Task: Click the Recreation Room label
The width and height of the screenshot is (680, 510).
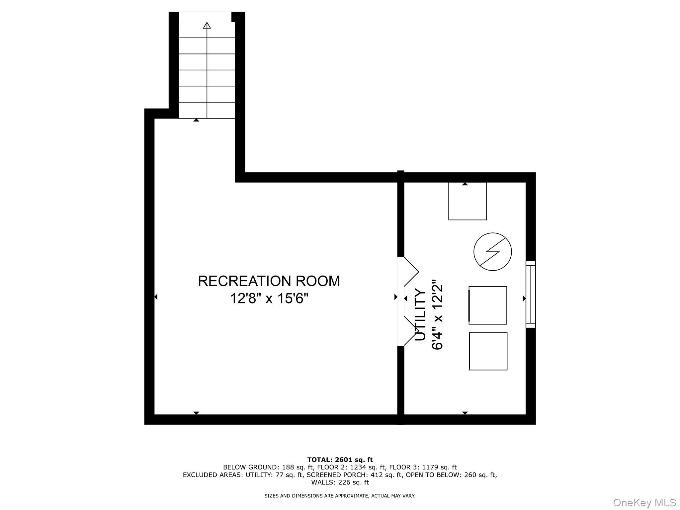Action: coord(269,281)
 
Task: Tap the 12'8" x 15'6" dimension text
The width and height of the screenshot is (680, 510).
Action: coord(269,298)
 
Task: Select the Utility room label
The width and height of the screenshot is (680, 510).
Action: coord(420,315)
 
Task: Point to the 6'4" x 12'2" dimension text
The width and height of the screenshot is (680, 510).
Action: coord(437,316)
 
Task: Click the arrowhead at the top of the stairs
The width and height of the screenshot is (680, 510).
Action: coord(207,25)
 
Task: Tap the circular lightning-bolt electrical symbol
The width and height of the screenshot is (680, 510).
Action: coord(492,251)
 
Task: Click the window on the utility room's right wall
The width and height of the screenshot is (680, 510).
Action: coord(531,294)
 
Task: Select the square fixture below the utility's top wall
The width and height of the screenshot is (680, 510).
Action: coord(467,201)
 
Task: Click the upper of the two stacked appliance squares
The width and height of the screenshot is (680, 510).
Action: coord(488,305)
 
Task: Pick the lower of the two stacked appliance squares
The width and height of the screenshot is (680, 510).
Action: coord(488,351)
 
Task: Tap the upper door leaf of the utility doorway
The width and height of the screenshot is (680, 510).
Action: coord(411,272)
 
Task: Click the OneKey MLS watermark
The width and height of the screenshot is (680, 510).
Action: coord(644,502)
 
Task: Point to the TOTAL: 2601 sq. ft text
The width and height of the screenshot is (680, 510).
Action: coord(340,460)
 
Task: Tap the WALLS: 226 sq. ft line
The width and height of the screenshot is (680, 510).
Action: coord(340,482)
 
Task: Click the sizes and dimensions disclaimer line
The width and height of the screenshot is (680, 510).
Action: coord(340,496)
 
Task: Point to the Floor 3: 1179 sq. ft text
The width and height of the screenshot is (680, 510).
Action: coord(423,467)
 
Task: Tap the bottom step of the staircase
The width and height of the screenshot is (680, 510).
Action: coord(207,110)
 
